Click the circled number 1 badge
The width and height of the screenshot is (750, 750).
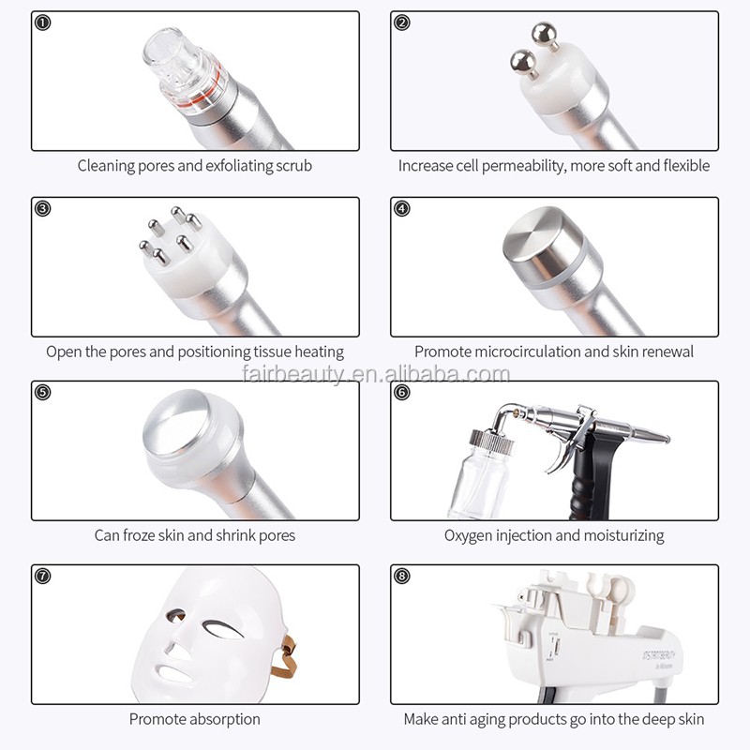pyautogui.click(x=42, y=23)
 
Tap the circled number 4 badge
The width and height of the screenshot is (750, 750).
pyautogui.click(x=402, y=208)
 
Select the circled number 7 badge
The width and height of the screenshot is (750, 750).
pyautogui.click(x=42, y=576)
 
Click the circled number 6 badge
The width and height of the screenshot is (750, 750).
pyautogui.click(x=402, y=392)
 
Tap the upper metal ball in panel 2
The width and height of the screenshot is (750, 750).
pyautogui.click(x=543, y=35)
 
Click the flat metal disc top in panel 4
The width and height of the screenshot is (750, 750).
pyautogui.click(x=535, y=239)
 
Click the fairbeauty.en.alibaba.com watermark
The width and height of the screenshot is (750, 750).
pyautogui.click(x=374, y=376)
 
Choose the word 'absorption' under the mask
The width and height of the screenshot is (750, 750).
pyautogui.click(x=223, y=720)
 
